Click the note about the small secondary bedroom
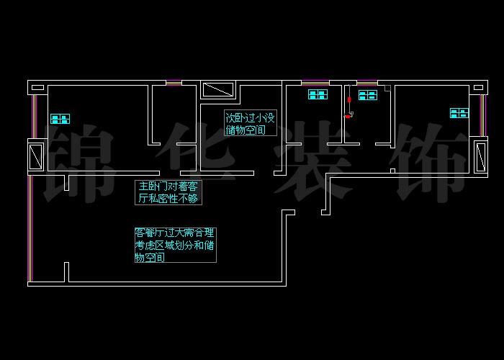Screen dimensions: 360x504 [x=250, y=124]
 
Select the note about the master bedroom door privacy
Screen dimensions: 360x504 [x=168, y=192]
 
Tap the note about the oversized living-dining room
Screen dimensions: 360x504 [x=175, y=245]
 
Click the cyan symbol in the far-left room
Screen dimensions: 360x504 [x=60, y=119]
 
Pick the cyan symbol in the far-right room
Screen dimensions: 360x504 [x=459, y=113]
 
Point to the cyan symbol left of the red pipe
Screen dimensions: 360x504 [x=318, y=94]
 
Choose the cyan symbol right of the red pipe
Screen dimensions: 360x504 [x=368, y=95]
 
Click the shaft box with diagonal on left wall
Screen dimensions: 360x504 [x=35, y=156]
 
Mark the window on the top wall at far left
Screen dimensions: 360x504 [x=174, y=83]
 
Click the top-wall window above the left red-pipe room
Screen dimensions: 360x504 [x=315, y=83]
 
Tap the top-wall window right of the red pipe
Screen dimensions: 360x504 [x=366, y=83]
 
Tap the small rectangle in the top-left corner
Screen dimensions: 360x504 [x=37, y=88]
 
